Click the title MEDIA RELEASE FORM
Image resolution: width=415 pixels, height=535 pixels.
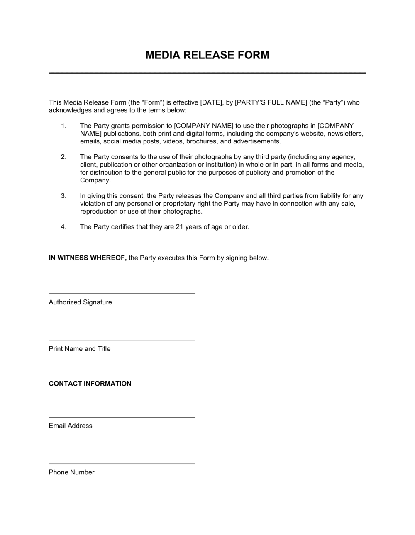(x=207, y=55)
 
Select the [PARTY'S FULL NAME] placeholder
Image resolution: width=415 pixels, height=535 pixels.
(x=271, y=102)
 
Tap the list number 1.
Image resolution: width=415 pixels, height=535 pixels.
(x=63, y=126)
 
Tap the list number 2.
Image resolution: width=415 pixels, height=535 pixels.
(x=63, y=157)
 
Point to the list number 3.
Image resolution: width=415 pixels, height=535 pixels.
(x=63, y=196)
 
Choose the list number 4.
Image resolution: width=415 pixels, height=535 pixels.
(x=63, y=227)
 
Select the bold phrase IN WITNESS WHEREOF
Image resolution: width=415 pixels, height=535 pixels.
(x=88, y=258)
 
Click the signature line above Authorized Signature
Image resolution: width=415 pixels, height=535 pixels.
(x=122, y=294)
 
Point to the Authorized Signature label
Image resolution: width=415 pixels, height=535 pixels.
(x=80, y=302)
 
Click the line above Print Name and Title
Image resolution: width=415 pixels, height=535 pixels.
(x=122, y=340)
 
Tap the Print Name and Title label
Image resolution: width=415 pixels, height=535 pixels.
(x=80, y=349)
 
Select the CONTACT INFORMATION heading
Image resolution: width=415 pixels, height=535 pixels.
(x=90, y=384)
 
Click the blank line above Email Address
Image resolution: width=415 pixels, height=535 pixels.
(x=122, y=417)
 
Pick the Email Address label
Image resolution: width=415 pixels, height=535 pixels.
(x=71, y=426)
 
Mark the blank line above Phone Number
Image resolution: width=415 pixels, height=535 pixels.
(x=122, y=463)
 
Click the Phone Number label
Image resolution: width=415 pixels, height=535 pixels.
(x=71, y=472)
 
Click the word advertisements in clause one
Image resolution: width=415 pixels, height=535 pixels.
(x=256, y=141)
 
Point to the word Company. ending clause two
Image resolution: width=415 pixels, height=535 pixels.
(x=95, y=180)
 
